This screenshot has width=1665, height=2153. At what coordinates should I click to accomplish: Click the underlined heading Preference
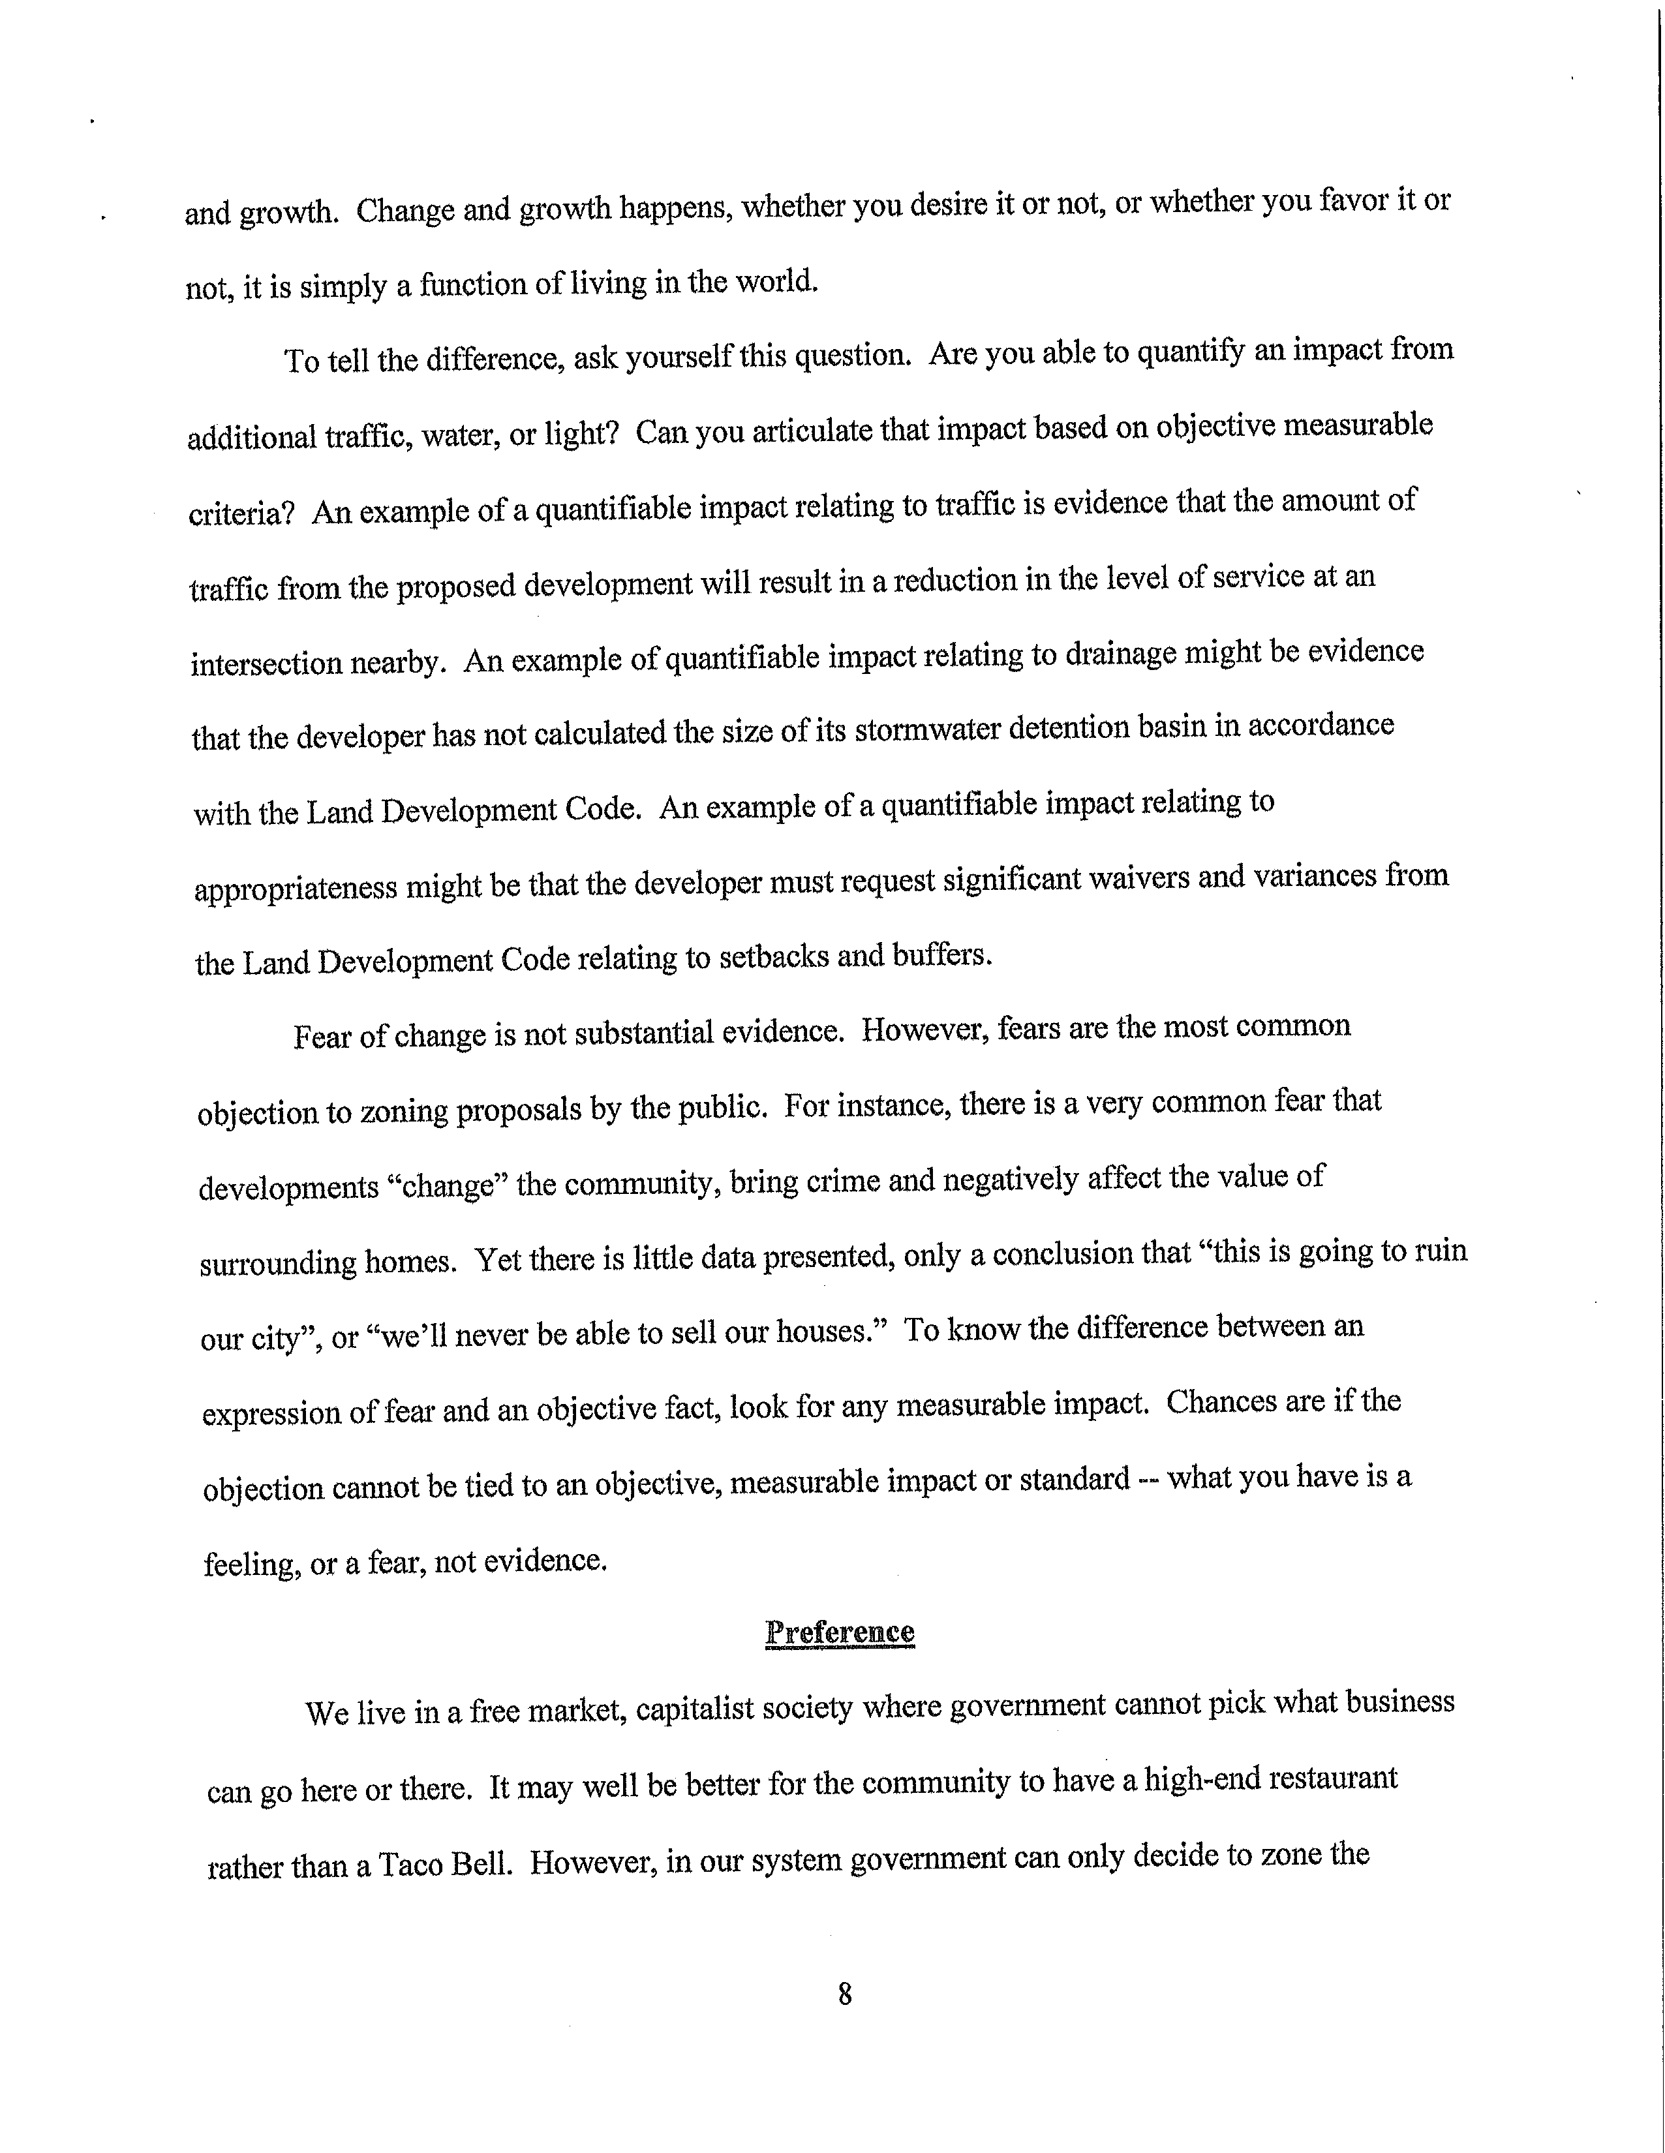pos(839,1632)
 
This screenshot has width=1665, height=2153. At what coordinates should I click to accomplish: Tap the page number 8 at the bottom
pos(844,1994)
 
